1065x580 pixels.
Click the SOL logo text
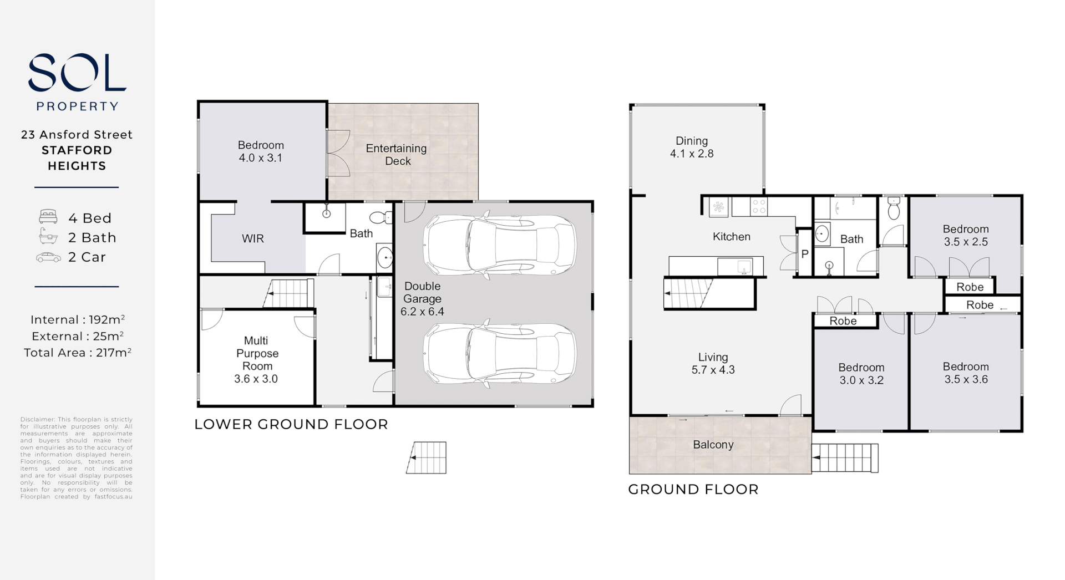tap(77, 73)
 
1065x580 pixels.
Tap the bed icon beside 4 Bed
tap(48, 217)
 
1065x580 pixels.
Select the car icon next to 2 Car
tap(48, 257)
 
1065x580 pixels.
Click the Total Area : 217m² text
tap(77, 353)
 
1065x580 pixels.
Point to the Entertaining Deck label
tap(397, 155)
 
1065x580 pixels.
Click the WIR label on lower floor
tap(252, 238)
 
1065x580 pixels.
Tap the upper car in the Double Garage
tap(500, 245)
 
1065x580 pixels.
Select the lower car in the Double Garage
tap(500, 354)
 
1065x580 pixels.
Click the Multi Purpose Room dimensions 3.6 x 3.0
tap(256, 379)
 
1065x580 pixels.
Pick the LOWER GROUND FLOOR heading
tap(291, 424)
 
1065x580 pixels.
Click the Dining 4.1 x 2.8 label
tap(691, 147)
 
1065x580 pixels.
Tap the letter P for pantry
tap(804, 254)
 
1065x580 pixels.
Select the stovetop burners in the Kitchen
tap(758, 207)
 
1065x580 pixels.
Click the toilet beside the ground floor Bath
tap(893, 208)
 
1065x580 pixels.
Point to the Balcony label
tap(713, 445)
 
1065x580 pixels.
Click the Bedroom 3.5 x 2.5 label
tap(965, 235)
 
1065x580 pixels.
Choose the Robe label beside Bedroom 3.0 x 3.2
tap(843, 321)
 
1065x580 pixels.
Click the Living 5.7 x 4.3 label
tap(713, 364)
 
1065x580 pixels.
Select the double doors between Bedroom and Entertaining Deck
tap(338, 154)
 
